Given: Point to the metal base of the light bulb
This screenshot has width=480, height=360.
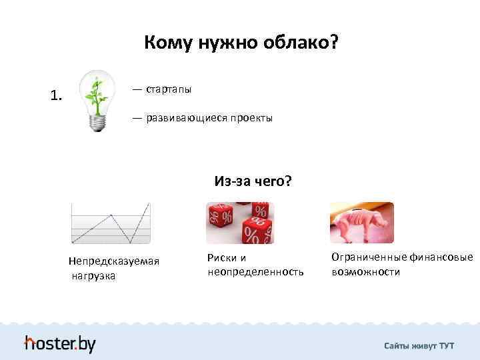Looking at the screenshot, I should (99, 123).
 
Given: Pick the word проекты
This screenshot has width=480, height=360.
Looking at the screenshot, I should (251, 118).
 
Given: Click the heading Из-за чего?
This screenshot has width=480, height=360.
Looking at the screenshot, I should (253, 181).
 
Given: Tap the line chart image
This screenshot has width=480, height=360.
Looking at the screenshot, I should (111, 223).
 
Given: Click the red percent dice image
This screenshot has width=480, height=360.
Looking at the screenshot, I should (240, 223).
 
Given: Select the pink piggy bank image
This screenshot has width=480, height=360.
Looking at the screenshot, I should (361, 223).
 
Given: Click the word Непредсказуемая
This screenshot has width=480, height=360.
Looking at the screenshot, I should (114, 261).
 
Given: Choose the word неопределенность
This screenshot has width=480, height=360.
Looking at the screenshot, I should (255, 272).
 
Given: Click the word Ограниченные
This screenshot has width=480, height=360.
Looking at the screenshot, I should (366, 257).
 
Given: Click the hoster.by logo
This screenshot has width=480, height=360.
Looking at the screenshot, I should (60, 343).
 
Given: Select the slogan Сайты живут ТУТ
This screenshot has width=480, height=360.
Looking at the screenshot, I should (419, 345).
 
